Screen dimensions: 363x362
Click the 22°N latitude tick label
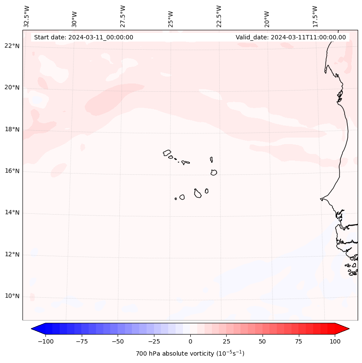coord(12,46)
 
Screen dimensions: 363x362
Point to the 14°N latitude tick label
coord(12,212)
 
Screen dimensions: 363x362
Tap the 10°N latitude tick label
coord(12,296)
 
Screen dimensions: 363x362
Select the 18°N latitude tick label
coord(12,129)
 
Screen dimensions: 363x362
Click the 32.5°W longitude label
coord(27,16)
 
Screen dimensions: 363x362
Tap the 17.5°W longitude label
coord(315,16)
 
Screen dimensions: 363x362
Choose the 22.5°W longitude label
coord(219,16)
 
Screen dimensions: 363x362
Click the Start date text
coord(83,37)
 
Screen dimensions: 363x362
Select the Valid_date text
coord(291,37)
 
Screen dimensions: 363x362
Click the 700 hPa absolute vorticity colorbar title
coord(190,353)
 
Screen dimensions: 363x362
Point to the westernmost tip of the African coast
coord(320,199)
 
